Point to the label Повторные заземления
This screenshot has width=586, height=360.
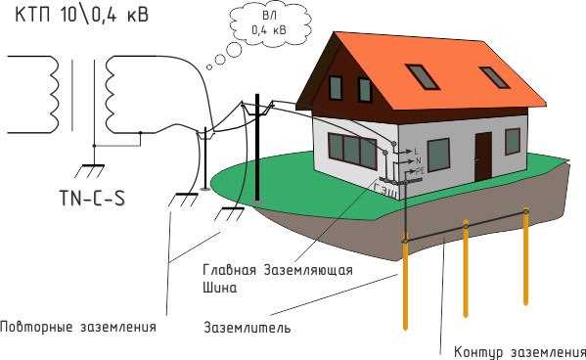[78, 326]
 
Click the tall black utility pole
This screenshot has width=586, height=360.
[257, 157]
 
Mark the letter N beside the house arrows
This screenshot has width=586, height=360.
[418, 159]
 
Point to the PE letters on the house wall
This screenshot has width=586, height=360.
[420, 169]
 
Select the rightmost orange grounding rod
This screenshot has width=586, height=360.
[527, 264]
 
